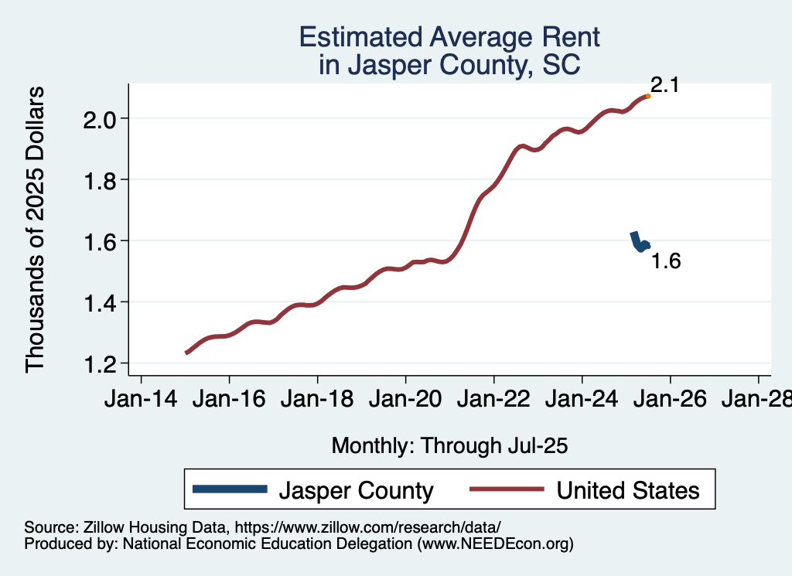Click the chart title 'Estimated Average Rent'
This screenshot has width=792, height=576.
(x=449, y=37)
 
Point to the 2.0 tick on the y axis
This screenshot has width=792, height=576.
(x=101, y=119)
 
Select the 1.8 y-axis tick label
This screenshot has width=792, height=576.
(x=101, y=180)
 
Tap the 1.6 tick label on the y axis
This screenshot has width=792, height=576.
(x=101, y=241)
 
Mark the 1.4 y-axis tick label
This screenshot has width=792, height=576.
(x=101, y=302)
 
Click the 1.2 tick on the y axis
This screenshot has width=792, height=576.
(x=101, y=363)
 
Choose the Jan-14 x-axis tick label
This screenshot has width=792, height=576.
(x=141, y=400)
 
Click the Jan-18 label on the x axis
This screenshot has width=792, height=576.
(x=317, y=400)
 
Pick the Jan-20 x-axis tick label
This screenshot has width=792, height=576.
(x=405, y=400)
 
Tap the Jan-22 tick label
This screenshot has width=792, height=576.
(x=493, y=400)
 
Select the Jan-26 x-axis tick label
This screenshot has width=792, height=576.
(x=670, y=400)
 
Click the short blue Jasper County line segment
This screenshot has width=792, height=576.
(x=638, y=242)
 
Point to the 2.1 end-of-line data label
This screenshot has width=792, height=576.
(x=664, y=85)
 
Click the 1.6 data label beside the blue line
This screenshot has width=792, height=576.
(x=665, y=261)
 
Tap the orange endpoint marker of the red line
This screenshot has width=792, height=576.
(x=647, y=96)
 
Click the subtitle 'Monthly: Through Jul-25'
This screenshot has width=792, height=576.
(x=449, y=445)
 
